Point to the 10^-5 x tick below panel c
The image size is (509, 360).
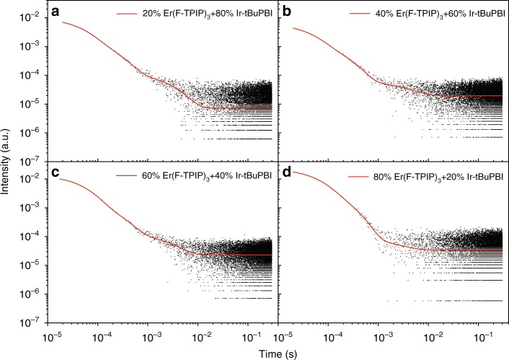pyautogui.click(x=53, y=335)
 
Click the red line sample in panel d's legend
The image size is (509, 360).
pyautogui.click(x=332, y=175)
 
